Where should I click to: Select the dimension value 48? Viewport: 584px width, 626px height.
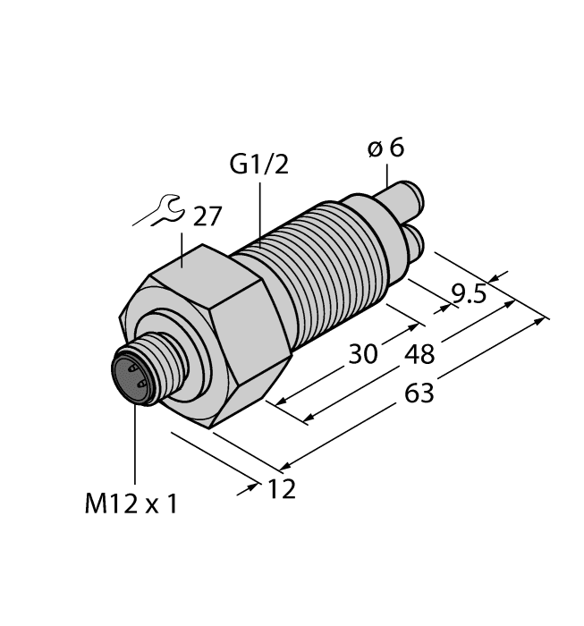click(x=419, y=354)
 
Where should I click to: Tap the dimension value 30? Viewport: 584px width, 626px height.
click(x=363, y=353)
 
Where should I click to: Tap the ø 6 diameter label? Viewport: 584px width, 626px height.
click(x=386, y=148)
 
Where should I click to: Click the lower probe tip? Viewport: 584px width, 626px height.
click(x=419, y=240)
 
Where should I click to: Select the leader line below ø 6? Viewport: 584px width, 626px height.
click(x=386, y=174)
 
